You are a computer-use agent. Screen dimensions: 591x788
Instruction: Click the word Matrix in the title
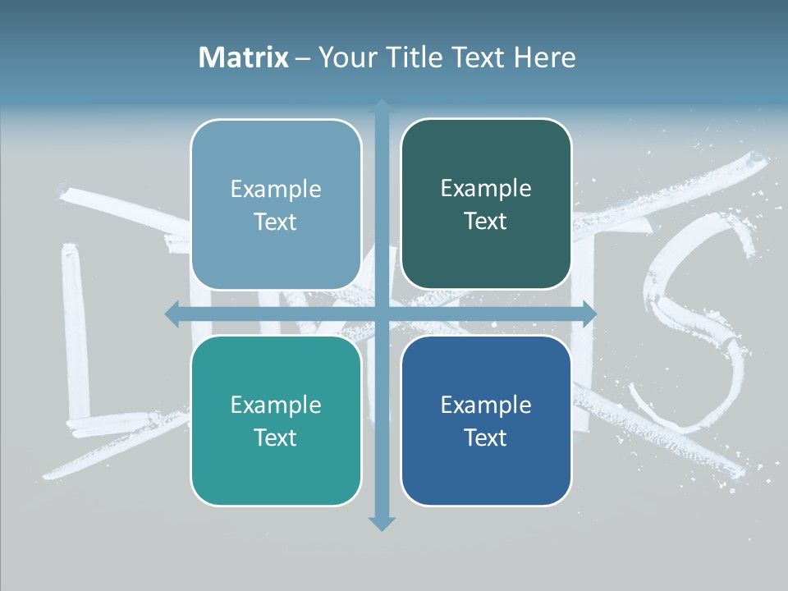[x=243, y=57]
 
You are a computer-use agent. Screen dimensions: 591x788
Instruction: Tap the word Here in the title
[x=544, y=57]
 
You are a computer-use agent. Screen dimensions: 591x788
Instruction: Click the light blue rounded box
[x=276, y=204]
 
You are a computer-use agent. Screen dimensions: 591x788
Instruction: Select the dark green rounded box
[x=486, y=204]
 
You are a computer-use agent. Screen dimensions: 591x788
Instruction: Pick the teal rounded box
[x=276, y=420]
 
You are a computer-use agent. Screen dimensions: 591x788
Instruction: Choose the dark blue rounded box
[x=486, y=420]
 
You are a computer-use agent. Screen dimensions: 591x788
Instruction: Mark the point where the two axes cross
[x=382, y=314]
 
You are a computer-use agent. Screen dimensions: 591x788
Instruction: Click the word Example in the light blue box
[x=276, y=190]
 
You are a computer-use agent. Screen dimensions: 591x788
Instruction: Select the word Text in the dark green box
[x=486, y=222]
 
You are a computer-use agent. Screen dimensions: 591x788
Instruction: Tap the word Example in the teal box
[x=276, y=405]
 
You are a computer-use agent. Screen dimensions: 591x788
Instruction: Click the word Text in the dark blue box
[x=486, y=438]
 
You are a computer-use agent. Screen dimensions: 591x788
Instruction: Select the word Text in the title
[x=480, y=57]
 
